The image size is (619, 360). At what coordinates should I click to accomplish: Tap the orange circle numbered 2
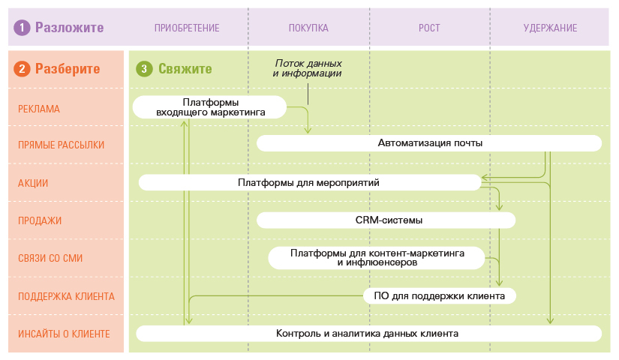coord(23,69)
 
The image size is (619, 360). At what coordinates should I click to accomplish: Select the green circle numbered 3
coord(143,69)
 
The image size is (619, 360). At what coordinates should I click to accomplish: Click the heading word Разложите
coord(69,28)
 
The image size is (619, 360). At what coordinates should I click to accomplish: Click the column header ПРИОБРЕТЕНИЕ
coord(187,28)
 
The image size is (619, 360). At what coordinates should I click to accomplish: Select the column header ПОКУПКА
coord(308,28)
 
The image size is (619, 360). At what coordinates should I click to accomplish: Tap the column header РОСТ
coord(429,28)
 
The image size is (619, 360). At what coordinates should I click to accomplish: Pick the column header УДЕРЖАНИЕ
coord(550,28)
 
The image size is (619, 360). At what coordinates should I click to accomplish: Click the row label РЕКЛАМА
coord(39,109)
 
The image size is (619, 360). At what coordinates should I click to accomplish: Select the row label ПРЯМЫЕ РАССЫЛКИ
coord(61,145)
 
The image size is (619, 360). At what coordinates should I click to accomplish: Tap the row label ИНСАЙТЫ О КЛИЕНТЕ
coord(65,334)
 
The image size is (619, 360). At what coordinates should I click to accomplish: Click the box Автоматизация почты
coord(429,142)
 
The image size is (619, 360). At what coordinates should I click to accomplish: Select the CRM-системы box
coord(386,220)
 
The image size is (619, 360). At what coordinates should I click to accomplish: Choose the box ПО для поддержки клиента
coord(439,295)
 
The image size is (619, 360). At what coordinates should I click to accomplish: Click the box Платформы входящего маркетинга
coord(210,106)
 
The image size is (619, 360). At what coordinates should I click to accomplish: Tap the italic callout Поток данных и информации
coord(308,69)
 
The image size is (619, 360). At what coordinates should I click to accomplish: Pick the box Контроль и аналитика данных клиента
coord(368,333)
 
